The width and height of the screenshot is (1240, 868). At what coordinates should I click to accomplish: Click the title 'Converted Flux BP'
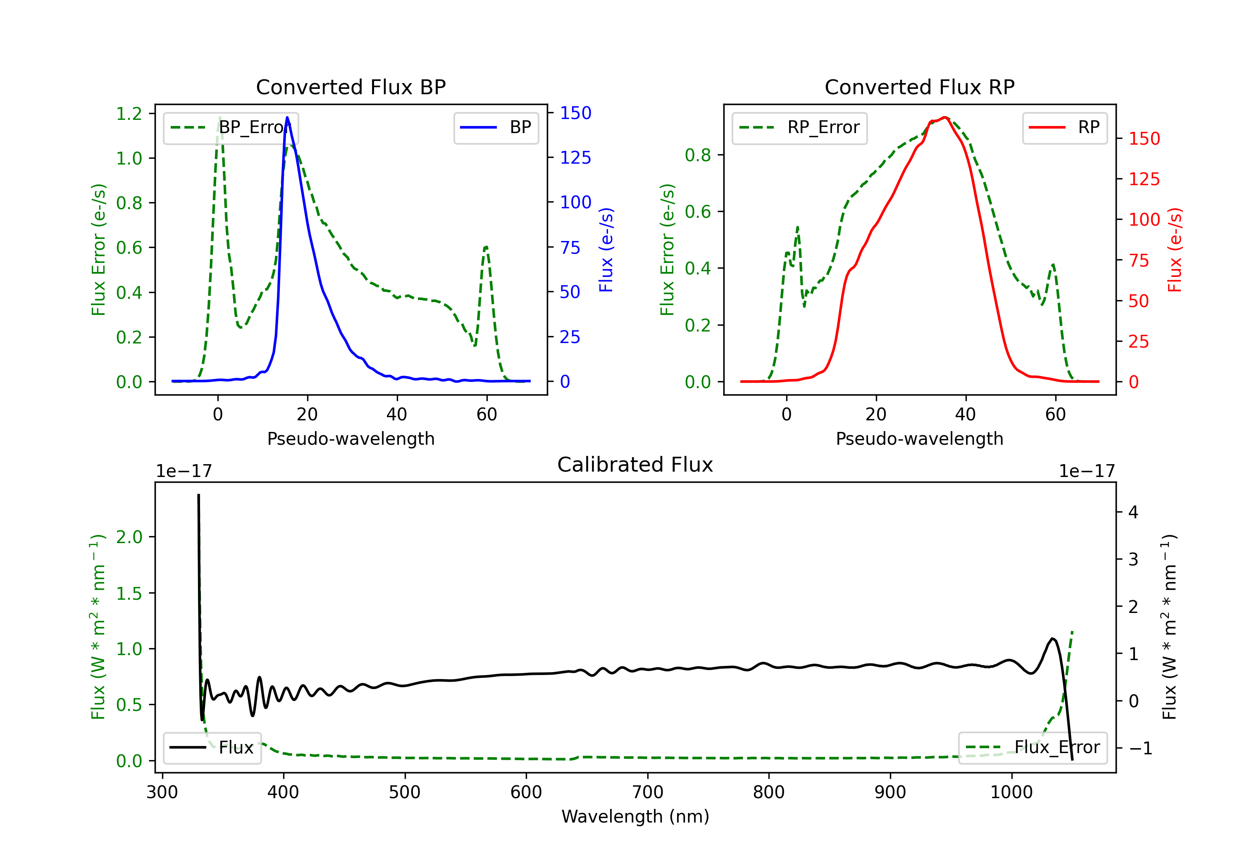[x=351, y=87]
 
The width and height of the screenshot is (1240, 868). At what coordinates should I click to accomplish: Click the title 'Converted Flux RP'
[x=919, y=87]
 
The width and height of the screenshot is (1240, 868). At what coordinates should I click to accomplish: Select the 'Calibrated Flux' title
[x=635, y=465]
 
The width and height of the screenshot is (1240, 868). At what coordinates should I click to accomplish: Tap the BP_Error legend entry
[x=231, y=127]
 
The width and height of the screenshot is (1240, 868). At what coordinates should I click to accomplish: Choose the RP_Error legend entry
[x=799, y=127]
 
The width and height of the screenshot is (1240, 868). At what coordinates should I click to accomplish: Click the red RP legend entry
[x=1064, y=127]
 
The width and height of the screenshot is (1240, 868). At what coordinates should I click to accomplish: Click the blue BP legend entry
[x=496, y=127]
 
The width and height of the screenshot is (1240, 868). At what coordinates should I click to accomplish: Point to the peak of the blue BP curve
[x=287, y=117]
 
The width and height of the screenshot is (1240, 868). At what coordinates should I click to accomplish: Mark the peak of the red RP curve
[x=944, y=117]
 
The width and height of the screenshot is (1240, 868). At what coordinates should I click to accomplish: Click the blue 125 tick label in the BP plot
[x=576, y=158]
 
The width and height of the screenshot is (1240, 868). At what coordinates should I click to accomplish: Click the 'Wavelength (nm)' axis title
[x=635, y=816]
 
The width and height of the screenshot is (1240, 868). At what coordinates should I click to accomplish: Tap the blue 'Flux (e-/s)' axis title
[x=606, y=250]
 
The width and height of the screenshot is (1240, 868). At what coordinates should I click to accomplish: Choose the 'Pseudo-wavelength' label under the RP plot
[x=919, y=439]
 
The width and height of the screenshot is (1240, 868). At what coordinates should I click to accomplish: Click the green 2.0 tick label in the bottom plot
[x=129, y=537]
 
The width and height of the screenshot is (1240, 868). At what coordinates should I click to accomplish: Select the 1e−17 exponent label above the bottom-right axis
[x=1087, y=471]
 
